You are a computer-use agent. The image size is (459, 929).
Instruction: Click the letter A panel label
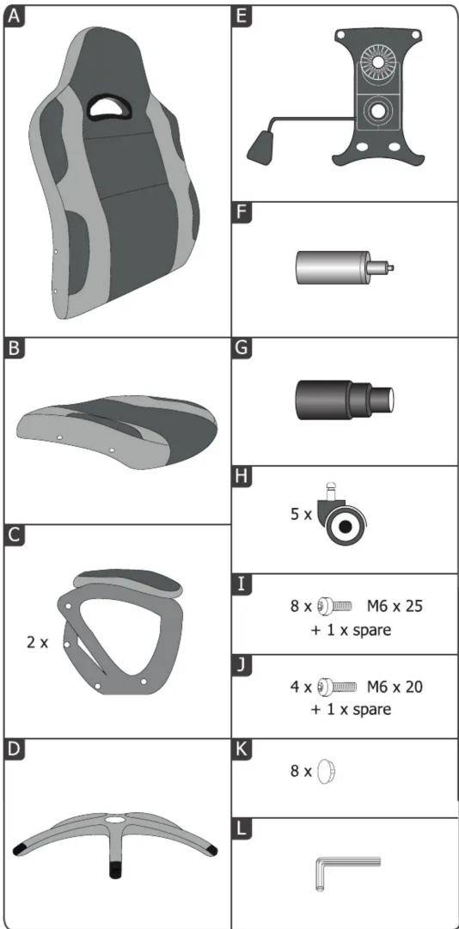tap(15, 16)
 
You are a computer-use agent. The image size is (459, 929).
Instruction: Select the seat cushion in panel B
tap(117, 431)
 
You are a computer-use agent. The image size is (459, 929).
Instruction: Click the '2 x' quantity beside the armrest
tap(38, 642)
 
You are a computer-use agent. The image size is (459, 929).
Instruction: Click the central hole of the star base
tap(115, 821)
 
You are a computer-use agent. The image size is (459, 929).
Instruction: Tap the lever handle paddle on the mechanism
tap(260, 147)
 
